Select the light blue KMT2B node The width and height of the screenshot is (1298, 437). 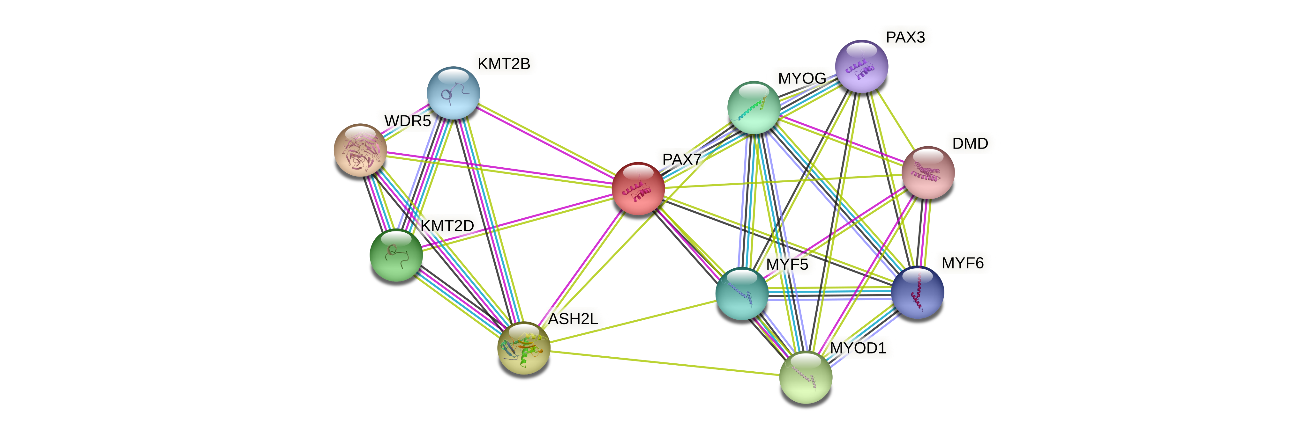pyautogui.click(x=453, y=93)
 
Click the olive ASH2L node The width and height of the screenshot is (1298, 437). pyautogui.click(x=523, y=348)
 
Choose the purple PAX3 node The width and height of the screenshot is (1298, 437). pyautogui.click(x=862, y=66)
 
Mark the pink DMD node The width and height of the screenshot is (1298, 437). pyautogui.click(x=928, y=173)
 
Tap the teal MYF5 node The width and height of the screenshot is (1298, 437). pyautogui.click(x=742, y=294)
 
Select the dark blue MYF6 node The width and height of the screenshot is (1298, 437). pyautogui.click(x=917, y=293)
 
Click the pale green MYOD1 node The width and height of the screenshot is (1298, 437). pyautogui.click(x=805, y=378)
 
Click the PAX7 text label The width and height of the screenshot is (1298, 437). pyautogui.click(x=681, y=159)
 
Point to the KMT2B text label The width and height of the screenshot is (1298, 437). pyautogui.click(x=503, y=64)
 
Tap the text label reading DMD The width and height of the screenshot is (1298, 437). pyautogui.click(x=970, y=143)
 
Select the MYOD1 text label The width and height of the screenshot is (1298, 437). pyautogui.click(x=858, y=348)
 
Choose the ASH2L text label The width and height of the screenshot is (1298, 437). pyautogui.click(x=573, y=319)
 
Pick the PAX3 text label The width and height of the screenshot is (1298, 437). pyautogui.click(x=905, y=37)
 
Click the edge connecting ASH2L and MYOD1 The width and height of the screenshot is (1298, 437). pyautogui.click(x=665, y=362)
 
